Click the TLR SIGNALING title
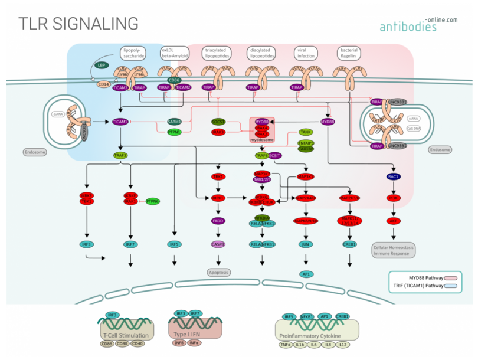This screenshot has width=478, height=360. (78, 23)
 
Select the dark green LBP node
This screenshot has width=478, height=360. (102, 65)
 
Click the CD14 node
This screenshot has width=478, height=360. (104, 84)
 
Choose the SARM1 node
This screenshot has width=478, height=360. (174, 122)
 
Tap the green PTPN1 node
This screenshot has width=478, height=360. (174, 132)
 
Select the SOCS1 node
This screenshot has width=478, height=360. (220, 122)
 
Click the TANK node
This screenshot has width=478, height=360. (306, 132)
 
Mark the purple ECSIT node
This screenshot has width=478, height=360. (275, 156)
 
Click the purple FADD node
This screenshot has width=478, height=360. (218, 221)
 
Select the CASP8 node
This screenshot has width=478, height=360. (218, 244)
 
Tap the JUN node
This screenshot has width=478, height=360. (306, 244)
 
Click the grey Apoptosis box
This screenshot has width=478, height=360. (218, 272)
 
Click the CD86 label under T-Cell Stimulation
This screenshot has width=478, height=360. (107, 343)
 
